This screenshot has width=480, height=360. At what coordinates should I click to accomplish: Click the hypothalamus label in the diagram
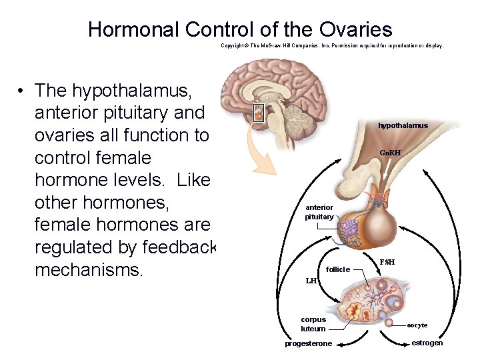point(403,125)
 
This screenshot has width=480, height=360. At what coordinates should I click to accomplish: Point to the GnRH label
point(390,153)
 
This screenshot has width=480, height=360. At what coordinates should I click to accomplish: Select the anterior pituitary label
point(319,212)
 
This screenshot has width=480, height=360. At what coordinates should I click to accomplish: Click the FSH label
point(387,262)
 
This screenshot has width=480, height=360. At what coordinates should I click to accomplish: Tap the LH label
point(311,281)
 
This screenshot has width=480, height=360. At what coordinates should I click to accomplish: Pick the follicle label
point(338,269)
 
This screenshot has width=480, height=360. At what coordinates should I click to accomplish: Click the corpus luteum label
point(313,324)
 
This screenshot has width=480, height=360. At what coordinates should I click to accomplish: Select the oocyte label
point(417,325)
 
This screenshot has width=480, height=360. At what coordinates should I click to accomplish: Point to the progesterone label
point(308,344)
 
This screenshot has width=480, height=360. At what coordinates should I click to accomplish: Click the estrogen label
point(427,343)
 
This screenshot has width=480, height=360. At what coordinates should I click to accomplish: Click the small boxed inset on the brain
point(259,113)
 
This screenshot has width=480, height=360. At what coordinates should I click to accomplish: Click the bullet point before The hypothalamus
point(22,90)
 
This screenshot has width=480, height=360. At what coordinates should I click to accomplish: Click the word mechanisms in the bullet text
point(89,271)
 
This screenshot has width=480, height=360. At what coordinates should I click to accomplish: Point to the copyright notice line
point(331,46)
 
